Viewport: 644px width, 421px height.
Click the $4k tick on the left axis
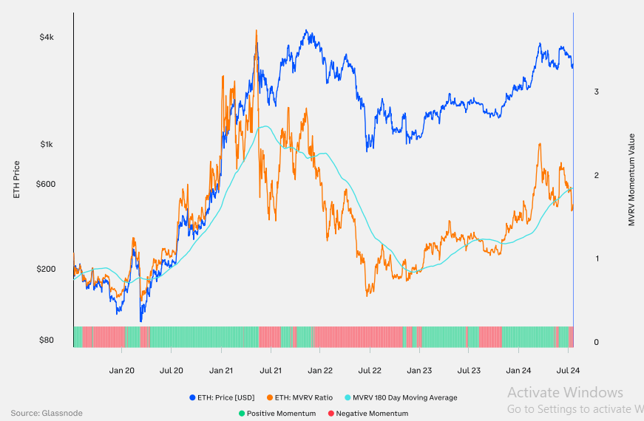coord(46,37)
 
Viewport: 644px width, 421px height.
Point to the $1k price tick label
coord(46,145)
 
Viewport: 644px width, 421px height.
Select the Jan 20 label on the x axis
coord(122,371)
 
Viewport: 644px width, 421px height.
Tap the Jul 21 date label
coord(271,371)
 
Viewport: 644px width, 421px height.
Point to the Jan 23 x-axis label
coord(419,371)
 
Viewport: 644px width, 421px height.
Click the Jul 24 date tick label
coord(568,371)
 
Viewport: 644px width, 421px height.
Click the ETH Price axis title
coord(17,179)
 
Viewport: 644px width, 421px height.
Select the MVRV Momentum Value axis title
coord(631,179)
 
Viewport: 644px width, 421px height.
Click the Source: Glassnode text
coord(47,413)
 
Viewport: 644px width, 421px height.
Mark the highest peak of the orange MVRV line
coord(257,30)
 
